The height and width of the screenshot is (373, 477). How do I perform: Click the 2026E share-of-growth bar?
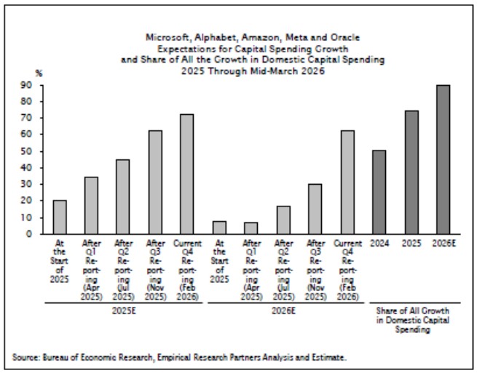(x=443, y=160)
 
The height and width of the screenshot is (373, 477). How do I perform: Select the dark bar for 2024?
(x=379, y=192)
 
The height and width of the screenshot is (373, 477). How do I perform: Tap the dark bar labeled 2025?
(x=411, y=172)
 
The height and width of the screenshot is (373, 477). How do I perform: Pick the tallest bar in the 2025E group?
(x=187, y=174)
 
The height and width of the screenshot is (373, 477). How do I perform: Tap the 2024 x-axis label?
(x=379, y=243)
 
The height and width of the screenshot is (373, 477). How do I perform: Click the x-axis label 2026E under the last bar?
(x=443, y=243)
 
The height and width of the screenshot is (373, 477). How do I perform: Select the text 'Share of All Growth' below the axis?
(x=411, y=312)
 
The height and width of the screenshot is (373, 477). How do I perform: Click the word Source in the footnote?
(x=25, y=357)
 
